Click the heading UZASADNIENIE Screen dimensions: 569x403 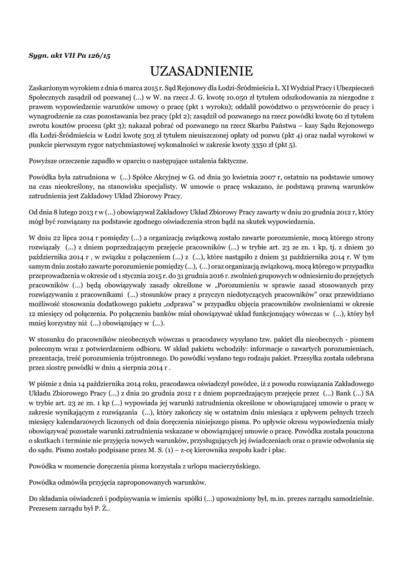click(201, 71)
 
